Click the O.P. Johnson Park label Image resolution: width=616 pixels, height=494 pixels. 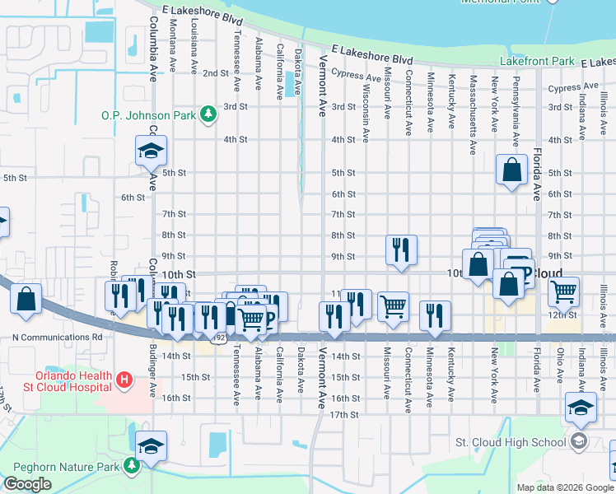148,116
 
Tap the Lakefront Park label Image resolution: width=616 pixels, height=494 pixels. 536,62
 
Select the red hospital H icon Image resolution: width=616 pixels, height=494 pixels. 124,380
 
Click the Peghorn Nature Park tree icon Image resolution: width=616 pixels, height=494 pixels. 131,466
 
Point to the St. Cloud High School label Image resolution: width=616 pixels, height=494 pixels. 511,442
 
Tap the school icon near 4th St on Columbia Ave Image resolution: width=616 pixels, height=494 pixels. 152,151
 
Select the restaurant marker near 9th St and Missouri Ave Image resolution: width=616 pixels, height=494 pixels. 401,250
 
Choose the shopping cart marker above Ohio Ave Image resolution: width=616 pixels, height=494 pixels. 564,291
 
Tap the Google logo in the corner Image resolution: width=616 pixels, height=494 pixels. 27,484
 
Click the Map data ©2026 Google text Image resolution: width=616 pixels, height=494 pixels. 565,487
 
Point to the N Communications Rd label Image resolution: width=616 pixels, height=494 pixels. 58,337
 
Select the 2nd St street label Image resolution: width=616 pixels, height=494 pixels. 216,73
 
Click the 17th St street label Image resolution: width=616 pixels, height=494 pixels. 343,415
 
